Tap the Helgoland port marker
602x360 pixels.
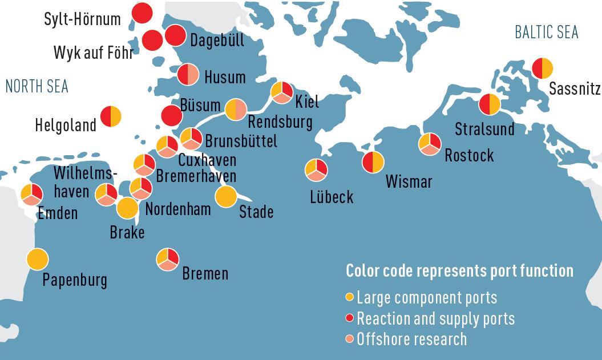(x=111, y=116)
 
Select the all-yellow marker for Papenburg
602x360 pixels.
(x=37, y=260)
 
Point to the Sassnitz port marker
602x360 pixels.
(x=542, y=68)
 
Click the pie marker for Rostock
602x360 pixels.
(x=429, y=144)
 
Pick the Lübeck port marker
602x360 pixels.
(x=316, y=168)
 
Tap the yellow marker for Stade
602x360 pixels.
(x=226, y=197)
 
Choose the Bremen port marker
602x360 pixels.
(x=167, y=260)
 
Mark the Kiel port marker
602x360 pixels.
(x=281, y=92)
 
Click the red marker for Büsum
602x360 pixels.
(x=172, y=116)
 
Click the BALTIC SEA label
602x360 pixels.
(x=546, y=33)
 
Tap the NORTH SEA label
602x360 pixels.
(x=37, y=86)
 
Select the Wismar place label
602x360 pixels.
(x=409, y=182)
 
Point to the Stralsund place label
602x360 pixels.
(x=484, y=130)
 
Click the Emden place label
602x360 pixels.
(x=58, y=213)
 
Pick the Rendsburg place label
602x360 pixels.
(x=280, y=122)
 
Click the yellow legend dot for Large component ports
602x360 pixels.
(x=350, y=297)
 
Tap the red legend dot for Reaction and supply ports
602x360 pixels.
(x=350, y=318)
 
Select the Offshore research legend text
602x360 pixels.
(x=411, y=339)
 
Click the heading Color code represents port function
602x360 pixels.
(x=459, y=270)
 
